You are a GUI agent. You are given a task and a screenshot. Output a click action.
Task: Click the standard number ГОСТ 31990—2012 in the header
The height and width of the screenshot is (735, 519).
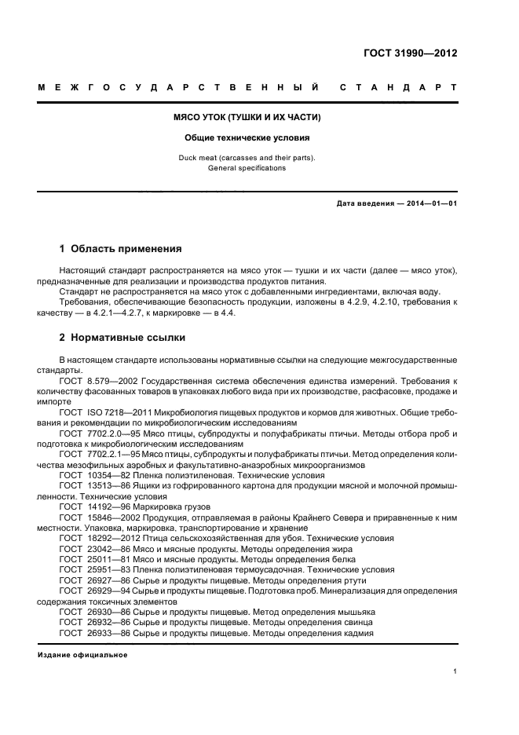[410, 53]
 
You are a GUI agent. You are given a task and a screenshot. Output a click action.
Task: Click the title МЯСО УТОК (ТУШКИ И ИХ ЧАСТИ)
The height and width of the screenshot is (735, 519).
[247, 117]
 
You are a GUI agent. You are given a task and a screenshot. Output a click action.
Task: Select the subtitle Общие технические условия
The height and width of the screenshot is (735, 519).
[247, 137]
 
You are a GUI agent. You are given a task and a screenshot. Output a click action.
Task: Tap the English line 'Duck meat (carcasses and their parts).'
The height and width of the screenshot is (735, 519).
[247, 158]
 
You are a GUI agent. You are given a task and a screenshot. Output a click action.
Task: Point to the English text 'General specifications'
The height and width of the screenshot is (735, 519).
[247, 168]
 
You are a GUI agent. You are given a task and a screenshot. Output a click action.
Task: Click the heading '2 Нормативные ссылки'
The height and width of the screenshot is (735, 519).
[122, 338]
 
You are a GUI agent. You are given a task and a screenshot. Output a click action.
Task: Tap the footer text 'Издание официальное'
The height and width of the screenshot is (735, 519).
[82, 654]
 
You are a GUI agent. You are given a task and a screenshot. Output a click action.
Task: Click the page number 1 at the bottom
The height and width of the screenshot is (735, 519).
[455, 671]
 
